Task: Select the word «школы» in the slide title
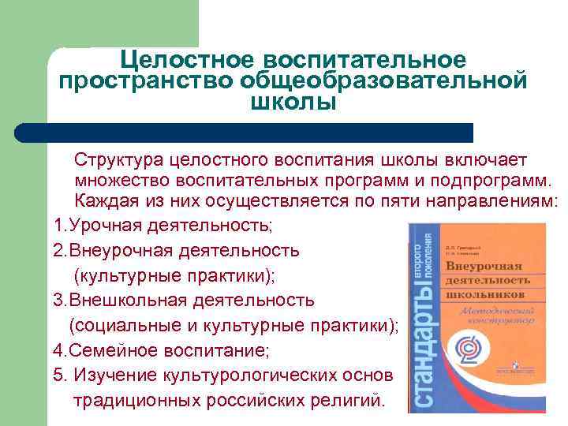click(292, 103)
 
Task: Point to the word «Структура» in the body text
click(115, 160)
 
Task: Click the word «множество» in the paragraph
click(116, 181)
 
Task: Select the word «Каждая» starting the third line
click(105, 201)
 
